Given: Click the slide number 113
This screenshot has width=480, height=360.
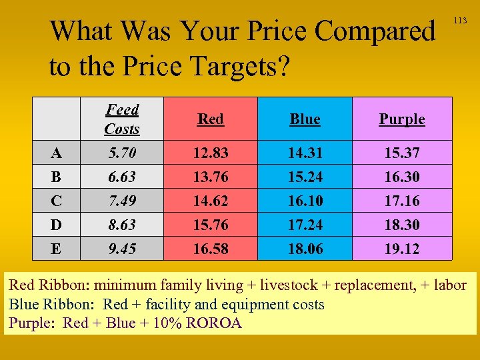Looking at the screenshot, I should click(x=460, y=21).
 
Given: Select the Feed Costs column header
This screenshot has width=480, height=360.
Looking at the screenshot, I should click(x=122, y=119).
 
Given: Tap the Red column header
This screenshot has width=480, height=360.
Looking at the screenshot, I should click(x=211, y=119).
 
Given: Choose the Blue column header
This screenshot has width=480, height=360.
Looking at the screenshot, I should click(x=305, y=119).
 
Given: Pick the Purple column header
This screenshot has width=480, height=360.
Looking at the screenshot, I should click(x=401, y=119).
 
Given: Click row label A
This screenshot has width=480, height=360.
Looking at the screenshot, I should click(x=57, y=153).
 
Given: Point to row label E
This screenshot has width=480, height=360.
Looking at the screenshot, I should click(x=57, y=249).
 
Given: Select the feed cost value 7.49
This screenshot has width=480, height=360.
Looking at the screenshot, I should click(x=122, y=201).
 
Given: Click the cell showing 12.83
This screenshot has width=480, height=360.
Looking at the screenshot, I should click(x=211, y=153).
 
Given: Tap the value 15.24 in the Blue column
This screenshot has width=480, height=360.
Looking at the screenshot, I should click(x=305, y=177).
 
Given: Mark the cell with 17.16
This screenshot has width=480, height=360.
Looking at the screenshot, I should click(x=402, y=201).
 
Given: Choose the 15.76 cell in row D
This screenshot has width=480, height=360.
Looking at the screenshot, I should click(x=211, y=225).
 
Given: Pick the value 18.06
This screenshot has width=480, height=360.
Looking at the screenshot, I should click(x=305, y=249).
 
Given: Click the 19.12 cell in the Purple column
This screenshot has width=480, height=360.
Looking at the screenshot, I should click(x=402, y=249).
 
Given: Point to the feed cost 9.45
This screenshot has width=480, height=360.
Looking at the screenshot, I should click(x=122, y=249).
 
